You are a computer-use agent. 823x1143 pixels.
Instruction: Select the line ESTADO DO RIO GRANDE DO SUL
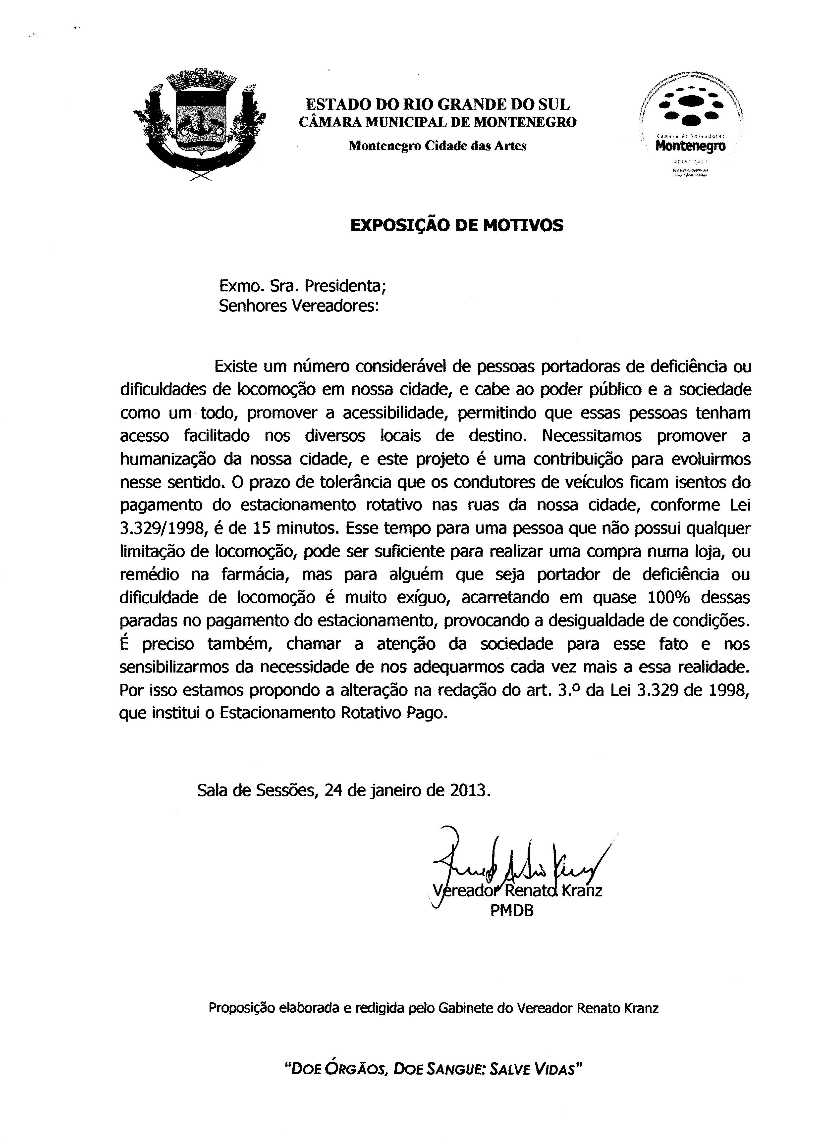[438, 104]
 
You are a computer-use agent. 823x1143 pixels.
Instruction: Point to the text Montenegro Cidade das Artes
[438, 146]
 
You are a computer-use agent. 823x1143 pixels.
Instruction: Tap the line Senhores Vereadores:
[299, 306]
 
